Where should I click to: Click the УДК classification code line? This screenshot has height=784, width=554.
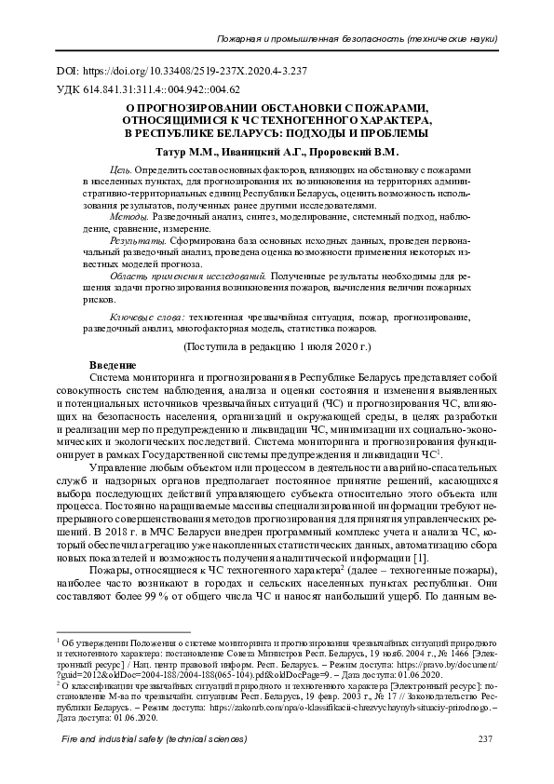pos(148,90)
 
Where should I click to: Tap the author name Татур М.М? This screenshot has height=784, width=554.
pos(180,151)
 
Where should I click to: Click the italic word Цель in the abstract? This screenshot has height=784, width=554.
pos(120,172)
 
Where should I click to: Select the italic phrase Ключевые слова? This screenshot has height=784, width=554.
pos(147,317)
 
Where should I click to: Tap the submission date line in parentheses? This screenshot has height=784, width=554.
pos(277,345)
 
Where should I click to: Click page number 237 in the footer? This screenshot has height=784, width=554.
pos(483,765)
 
